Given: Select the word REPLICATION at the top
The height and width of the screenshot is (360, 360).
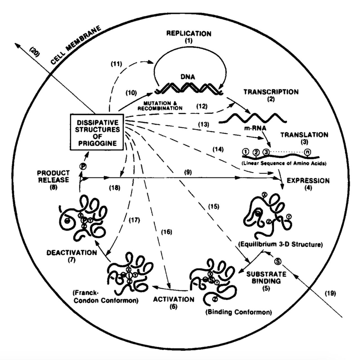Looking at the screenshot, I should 189,33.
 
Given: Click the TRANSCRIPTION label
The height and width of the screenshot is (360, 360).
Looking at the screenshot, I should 271,92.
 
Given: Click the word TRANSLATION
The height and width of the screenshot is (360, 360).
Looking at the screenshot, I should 304,135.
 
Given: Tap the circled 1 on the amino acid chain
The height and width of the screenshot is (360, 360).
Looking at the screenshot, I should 246,152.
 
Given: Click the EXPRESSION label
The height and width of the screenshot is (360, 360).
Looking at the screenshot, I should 308,181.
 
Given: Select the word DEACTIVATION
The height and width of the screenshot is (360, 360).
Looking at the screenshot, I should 71,252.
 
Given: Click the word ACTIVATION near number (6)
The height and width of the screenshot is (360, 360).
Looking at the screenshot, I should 174,299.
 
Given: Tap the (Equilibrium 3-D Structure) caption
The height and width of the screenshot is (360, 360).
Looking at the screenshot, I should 280,244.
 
